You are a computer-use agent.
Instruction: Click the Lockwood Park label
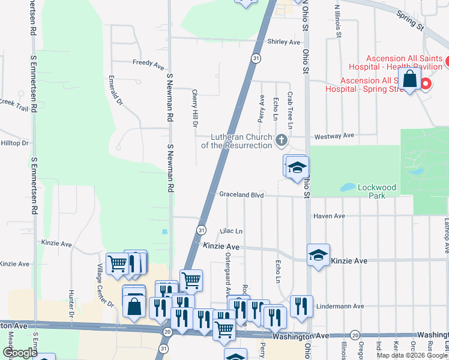click(x=377, y=191)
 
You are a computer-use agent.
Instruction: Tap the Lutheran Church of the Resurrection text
click(x=237, y=141)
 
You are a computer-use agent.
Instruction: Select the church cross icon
click(x=280, y=141)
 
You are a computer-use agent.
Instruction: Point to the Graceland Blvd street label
click(x=241, y=195)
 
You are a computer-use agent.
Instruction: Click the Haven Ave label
click(x=329, y=216)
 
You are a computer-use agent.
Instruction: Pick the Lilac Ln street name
click(x=231, y=231)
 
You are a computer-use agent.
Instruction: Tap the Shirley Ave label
click(x=283, y=42)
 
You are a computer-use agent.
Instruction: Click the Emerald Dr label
click(x=116, y=91)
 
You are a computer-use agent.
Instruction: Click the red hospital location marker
click(x=426, y=83)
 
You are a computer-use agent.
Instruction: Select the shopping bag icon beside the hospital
click(x=409, y=79)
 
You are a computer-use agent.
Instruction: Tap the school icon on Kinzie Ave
click(x=318, y=254)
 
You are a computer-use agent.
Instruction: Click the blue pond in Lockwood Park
click(x=348, y=187)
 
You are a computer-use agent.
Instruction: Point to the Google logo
click(x=20, y=353)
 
